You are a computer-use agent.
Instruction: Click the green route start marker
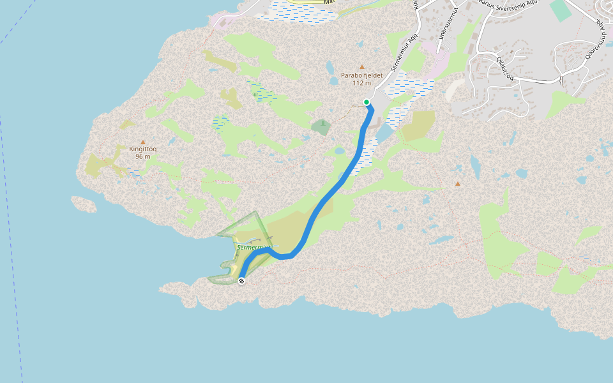click(x=367, y=102)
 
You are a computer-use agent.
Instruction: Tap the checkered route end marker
click(x=241, y=281)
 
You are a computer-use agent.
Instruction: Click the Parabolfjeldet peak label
click(x=361, y=75)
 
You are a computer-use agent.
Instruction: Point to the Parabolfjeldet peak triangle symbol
click(x=362, y=66)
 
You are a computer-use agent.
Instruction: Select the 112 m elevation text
click(x=361, y=83)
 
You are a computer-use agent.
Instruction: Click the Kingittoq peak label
click(x=143, y=149)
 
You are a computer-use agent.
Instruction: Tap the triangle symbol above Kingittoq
click(x=143, y=142)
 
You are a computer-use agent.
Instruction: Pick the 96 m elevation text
click(x=143, y=156)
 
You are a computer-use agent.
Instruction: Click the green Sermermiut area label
click(x=254, y=247)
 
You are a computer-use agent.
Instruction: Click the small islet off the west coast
click(x=84, y=204)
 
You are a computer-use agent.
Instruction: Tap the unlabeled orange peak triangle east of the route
click(x=457, y=184)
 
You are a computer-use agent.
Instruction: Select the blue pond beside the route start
click(x=384, y=133)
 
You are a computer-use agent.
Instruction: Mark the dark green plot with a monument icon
click(x=322, y=126)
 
